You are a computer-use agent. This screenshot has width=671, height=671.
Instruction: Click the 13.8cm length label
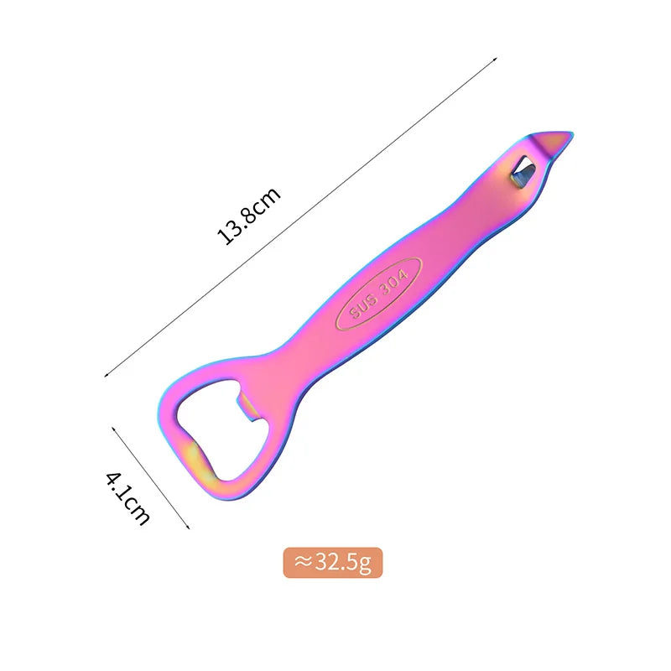pos(248,216)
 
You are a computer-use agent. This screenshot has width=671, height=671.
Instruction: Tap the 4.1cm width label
pos(128,498)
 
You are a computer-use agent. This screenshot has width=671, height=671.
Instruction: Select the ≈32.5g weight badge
pos(333,562)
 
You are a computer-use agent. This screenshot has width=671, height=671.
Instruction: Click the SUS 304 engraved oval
pos(379,294)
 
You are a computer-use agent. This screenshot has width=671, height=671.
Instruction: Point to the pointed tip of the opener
pos(573,133)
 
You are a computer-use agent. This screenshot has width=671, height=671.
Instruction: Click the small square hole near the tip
pos(523,172)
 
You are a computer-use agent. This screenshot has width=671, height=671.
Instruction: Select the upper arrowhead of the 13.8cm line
pos(495,59)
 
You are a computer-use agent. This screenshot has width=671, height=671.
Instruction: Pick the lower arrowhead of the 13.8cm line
pos(107,375)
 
